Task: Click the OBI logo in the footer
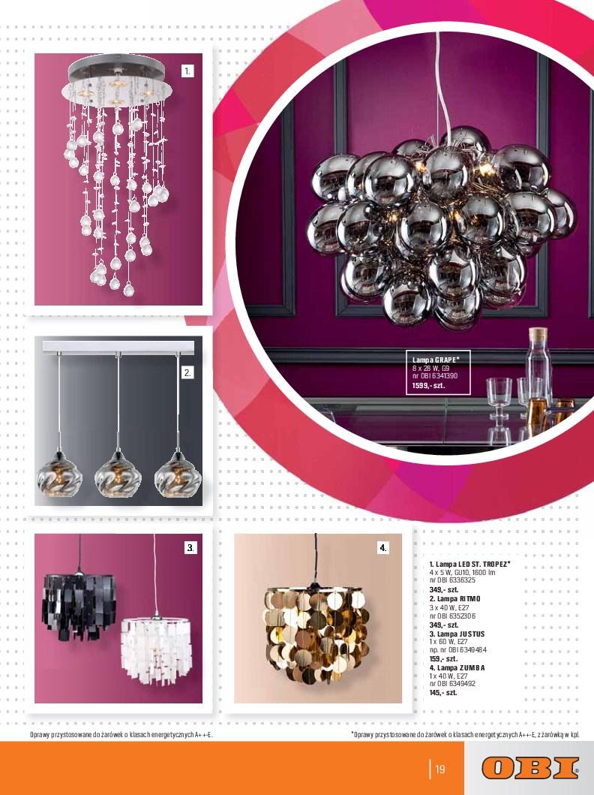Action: click(530, 768)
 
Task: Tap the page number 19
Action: click(440, 769)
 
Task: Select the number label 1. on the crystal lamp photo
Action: click(187, 71)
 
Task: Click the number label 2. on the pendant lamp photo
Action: click(187, 373)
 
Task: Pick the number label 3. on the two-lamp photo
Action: click(190, 547)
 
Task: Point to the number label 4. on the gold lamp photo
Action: click(382, 547)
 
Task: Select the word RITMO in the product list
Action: click(470, 599)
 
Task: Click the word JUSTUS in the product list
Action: click(472, 634)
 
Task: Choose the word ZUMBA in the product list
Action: click(472, 667)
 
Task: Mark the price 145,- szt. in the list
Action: click(443, 693)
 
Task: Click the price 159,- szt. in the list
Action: click(443, 658)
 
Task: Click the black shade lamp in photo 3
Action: click(79, 606)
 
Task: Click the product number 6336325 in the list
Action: click(459, 580)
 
